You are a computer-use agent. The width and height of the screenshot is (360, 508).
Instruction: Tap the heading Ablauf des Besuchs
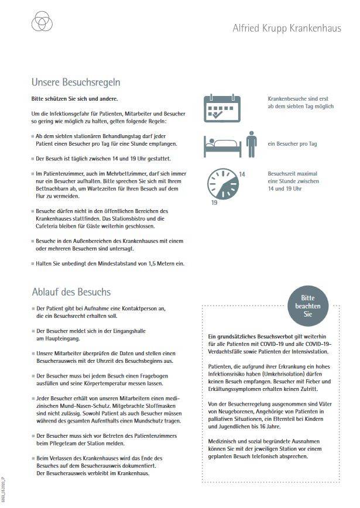pyautogui.click(x=71, y=291)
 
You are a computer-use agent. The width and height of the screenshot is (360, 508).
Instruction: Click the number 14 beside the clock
pyautogui.click(x=242, y=174)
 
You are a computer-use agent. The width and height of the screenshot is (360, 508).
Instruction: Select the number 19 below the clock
pyautogui.click(x=215, y=202)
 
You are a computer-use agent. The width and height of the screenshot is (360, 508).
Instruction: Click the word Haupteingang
pyautogui.click(x=61, y=338)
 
